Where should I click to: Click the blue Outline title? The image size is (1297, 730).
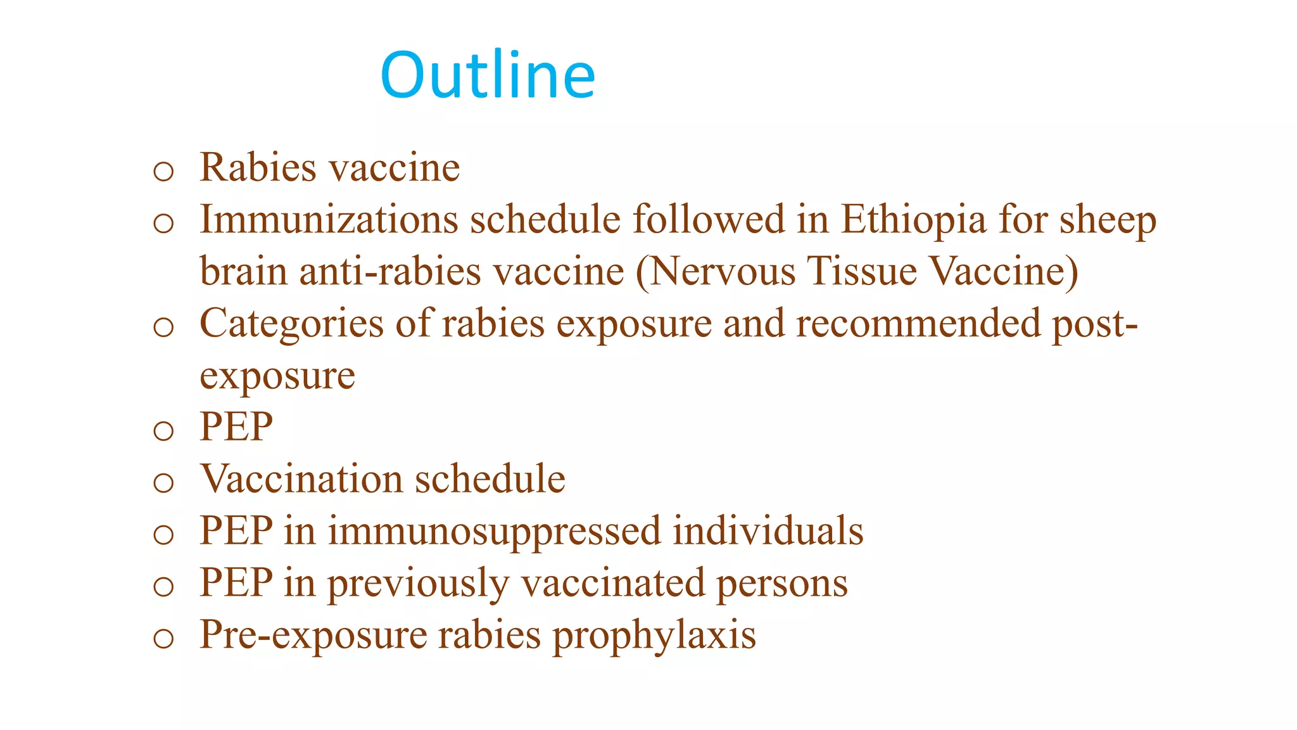(488, 75)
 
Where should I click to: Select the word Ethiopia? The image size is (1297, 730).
(913, 220)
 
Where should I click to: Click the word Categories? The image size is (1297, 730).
(291, 324)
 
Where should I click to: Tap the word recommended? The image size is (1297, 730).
(918, 324)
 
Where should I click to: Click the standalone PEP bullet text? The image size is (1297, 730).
(236, 427)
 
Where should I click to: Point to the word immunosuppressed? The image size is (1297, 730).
(494, 532)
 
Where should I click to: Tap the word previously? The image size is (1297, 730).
(418, 584)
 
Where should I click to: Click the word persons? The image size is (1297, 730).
(782, 584)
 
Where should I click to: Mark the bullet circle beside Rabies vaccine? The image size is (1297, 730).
(163, 171)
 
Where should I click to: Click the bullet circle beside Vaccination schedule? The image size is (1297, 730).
(163, 483)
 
